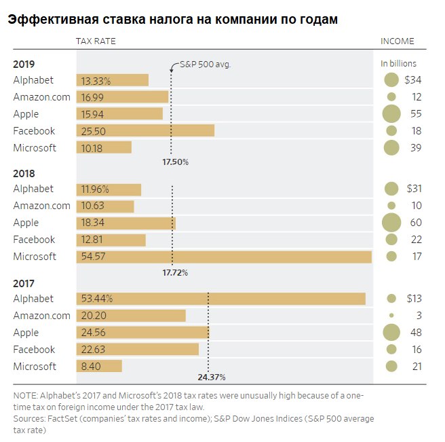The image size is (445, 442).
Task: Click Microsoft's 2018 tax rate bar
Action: pos(224,257)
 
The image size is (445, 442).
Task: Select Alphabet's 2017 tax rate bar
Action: pos(221,299)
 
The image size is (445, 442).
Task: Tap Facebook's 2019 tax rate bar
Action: pos(145,131)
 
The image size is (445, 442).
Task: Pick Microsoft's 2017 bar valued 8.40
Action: pos(99,367)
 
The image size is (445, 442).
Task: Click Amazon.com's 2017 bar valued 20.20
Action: pos(131,316)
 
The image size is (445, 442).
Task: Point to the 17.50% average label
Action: pos(175,162)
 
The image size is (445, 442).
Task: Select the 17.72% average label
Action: pos(175,272)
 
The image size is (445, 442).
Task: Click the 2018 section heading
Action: pos(24,174)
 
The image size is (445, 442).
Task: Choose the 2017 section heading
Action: pos(24,284)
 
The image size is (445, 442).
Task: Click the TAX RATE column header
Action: pos(96,41)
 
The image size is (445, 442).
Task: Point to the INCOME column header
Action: pos(397,41)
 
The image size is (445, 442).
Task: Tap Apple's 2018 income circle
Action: pos(391,223)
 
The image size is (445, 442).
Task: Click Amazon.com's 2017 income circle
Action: pos(391,316)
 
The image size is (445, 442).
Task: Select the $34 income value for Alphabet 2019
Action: pos(412,80)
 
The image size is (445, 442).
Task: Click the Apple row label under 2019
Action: pos(26,114)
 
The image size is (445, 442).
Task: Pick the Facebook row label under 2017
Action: pos(34,350)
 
